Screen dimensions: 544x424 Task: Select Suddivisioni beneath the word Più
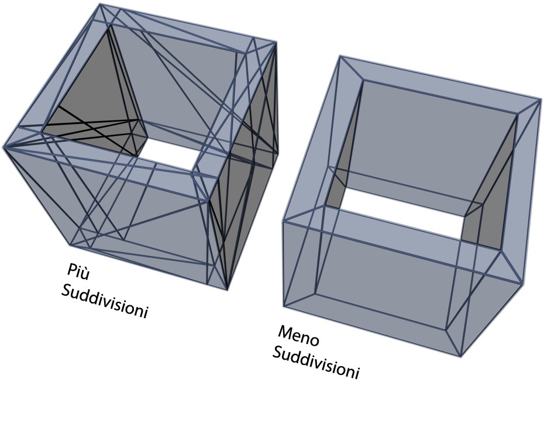105,302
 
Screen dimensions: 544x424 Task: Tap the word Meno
298,335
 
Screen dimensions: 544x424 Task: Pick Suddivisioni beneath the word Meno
315,363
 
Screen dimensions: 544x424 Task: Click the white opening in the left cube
170,154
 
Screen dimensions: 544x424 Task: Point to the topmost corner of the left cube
99,4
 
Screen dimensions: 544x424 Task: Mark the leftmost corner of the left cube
4,147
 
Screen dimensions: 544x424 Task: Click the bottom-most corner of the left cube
227,289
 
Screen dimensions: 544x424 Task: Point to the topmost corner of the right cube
339,56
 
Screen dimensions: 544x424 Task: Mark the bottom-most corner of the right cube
460,357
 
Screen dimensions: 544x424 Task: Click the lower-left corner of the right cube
284,306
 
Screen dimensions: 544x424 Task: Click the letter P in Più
71,269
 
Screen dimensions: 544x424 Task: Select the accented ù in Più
85,274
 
